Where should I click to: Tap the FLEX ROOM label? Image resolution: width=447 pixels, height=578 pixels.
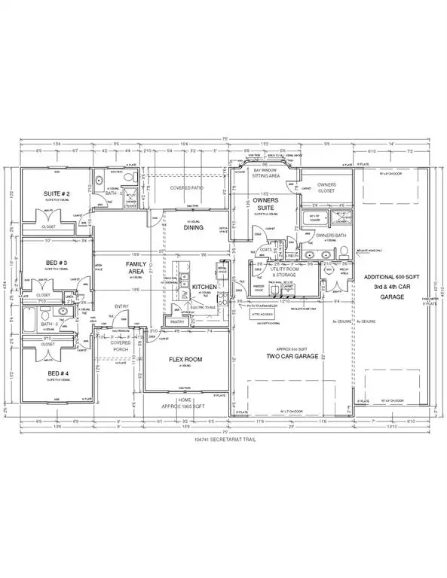point(185,360)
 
